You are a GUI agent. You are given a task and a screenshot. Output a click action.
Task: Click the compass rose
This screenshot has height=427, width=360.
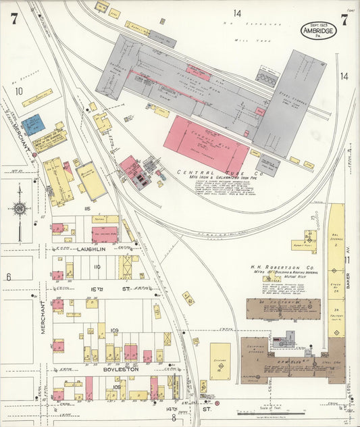tap(20, 209)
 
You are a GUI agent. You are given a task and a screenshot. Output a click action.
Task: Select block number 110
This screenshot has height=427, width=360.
tap(97, 267)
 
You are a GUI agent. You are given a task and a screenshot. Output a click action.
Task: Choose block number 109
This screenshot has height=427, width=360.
tap(114, 330)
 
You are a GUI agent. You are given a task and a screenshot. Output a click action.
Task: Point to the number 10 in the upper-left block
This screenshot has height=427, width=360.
tap(19, 91)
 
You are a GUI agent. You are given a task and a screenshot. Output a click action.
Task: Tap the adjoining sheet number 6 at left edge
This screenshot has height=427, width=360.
tap(9, 276)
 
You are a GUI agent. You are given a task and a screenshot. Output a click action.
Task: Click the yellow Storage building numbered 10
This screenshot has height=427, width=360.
tap(220, 361)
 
